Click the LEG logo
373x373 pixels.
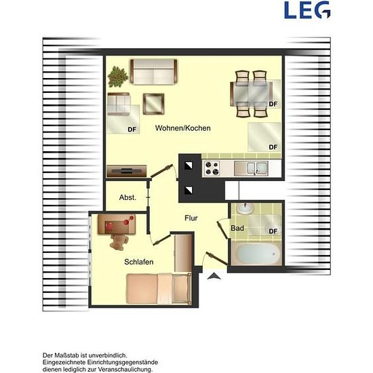point(307,10)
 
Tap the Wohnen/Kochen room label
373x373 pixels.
point(182,128)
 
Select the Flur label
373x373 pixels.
point(191,218)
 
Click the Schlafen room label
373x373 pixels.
point(138,262)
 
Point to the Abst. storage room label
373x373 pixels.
point(127,197)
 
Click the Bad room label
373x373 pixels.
point(237,229)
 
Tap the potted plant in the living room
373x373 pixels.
point(117,77)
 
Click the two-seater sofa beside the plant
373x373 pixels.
point(154,72)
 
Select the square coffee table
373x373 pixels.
point(153,104)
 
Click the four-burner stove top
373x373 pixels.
point(212,168)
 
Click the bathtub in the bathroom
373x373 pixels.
point(256,254)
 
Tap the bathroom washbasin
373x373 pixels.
point(245,208)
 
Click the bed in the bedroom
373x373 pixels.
point(159,289)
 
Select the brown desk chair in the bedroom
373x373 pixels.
point(119,241)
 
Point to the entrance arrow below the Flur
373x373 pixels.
point(214,276)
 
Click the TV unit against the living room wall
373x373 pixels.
point(127,171)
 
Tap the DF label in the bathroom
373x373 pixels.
point(273,231)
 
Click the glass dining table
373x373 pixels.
point(252,94)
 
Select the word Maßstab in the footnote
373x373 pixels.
point(67,355)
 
